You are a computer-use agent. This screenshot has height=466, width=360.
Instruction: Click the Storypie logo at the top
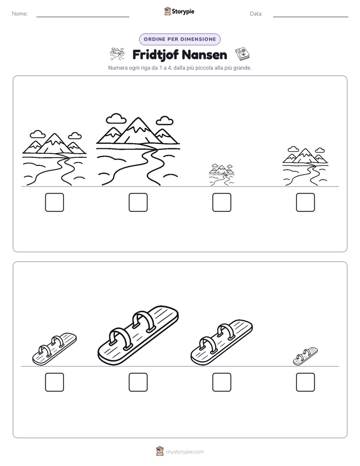pos(179,12)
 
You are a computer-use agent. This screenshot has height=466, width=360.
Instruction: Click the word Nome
pos(20,14)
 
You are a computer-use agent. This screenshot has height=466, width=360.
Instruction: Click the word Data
pos(256,14)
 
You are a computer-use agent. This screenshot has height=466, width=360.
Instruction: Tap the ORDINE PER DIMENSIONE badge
pos(179,39)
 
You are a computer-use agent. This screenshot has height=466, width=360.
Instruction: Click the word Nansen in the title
pos(204,55)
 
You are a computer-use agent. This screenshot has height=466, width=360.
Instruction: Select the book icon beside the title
pos(243,54)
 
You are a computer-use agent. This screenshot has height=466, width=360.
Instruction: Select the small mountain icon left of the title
pos(117,54)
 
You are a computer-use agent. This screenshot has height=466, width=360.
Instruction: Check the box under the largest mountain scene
pos(138,202)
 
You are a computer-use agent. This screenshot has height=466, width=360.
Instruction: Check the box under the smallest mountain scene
pos(222,202)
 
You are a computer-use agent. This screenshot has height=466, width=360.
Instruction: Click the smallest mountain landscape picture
pos(221,174)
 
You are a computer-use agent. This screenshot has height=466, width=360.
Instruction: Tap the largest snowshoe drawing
pos(138,335)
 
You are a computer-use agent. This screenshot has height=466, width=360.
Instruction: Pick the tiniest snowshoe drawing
pos(305,357)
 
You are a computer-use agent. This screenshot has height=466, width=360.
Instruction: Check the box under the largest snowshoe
pos(138,382)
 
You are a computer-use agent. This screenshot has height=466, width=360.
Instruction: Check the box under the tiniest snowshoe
pos(306,382)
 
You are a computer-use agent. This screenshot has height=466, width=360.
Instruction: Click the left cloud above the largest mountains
pos(116,119)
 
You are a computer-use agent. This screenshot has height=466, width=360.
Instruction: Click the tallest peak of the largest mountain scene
pos(138,119)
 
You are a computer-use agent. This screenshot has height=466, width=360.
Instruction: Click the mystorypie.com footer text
pos(185,452)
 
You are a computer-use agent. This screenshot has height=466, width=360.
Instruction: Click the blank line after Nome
pos(83,17)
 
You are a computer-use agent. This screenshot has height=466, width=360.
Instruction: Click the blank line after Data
pos(311,17)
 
